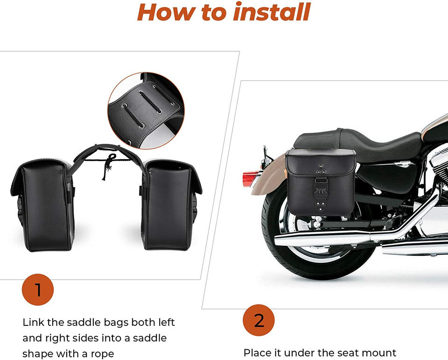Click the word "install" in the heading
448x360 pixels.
[x=272, y=12]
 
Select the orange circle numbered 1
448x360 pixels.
[x=38, y=289]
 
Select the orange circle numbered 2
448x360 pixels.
[x=259, y=320]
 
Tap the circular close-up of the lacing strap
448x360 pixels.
[x=146, y=111]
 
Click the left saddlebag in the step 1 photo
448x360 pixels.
[x=43, y=205]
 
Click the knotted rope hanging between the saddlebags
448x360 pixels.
[x=109, y=166]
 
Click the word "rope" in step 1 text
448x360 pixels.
[x=102, y=354]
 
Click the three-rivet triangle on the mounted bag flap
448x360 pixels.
[x=320, y=170]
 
